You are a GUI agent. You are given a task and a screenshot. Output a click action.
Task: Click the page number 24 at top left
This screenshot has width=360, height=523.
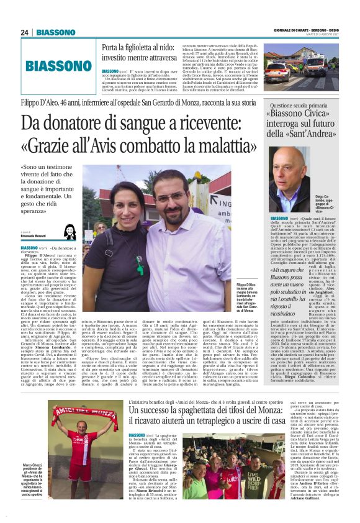24,32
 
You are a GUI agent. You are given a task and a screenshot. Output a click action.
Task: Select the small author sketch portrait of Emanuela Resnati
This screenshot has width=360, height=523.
70,232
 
